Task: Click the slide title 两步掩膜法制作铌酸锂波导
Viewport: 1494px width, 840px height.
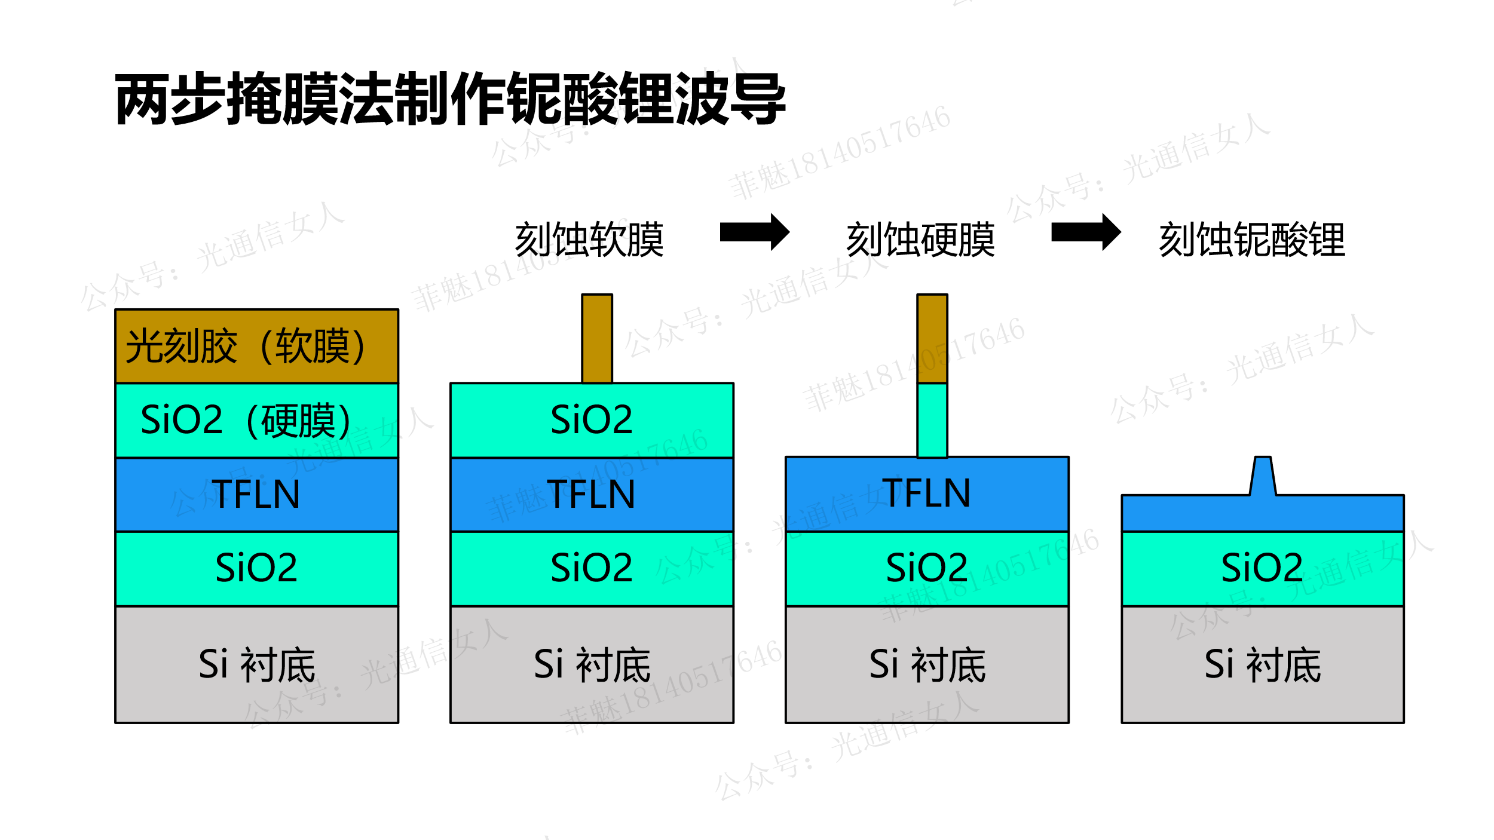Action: [450, 99]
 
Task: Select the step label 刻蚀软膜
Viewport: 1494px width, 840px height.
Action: [589, 240]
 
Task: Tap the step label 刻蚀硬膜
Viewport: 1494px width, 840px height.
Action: [920, 240]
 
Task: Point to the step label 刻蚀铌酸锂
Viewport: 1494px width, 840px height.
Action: [1252, 240]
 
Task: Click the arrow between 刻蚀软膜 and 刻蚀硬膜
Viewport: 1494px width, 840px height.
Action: [754, 232]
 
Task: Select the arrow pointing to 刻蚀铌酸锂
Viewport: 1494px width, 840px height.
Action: [1085, 232]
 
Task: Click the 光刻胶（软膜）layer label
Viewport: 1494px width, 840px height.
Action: [245, 347]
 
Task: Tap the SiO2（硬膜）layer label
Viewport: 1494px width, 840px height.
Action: [245, 420]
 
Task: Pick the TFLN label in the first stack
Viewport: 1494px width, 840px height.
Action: [256, 494]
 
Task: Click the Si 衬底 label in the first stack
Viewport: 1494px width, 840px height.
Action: [256, 664]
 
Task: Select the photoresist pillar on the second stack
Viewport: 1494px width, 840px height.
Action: [597, 339]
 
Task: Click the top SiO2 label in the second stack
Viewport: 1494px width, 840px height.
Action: [591, 419]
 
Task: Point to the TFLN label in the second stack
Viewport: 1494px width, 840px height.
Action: [591, 494]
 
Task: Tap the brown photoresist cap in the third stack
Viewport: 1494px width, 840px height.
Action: [932, 339]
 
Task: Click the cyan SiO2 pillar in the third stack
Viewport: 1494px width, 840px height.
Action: [932, 420]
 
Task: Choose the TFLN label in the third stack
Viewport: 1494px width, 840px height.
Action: [926, 493]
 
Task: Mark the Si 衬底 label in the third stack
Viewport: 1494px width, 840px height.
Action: [927, 664]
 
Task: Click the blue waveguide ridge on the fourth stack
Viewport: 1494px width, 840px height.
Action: [1263, 477]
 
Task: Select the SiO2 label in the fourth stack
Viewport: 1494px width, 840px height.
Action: [1262, 568]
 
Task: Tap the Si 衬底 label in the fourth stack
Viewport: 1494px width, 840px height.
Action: [1262, 664]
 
